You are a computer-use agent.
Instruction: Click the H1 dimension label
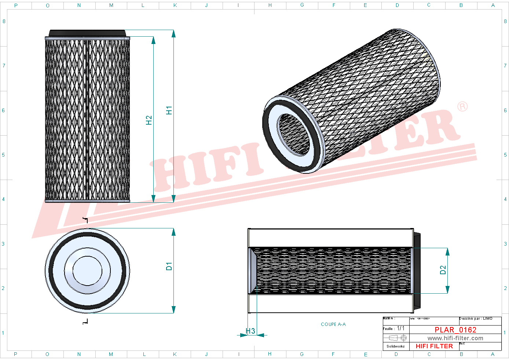[169, 110]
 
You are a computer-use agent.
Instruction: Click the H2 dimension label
[149, 120]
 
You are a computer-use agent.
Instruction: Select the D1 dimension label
[169, 267]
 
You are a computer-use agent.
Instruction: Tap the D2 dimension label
[443, 270]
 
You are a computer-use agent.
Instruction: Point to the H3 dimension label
[250, 331]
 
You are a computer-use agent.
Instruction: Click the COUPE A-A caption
[333, 324]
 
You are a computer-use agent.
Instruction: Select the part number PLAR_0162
[455, 330]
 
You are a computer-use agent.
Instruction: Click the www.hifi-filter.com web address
[455, 338]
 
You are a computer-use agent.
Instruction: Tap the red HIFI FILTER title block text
[434, 346]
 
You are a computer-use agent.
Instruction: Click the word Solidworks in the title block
[396, 346]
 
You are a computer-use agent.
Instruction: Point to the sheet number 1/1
[400, 328]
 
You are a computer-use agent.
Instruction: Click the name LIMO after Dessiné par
[488, 319]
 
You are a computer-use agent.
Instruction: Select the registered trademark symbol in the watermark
[462, 106]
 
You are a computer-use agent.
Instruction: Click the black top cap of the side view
[87, 33]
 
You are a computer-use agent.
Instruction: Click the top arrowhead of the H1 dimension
[173, 34]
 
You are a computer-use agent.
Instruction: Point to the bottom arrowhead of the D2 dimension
[447, 290]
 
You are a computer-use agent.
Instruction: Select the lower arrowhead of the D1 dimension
[173, 310]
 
